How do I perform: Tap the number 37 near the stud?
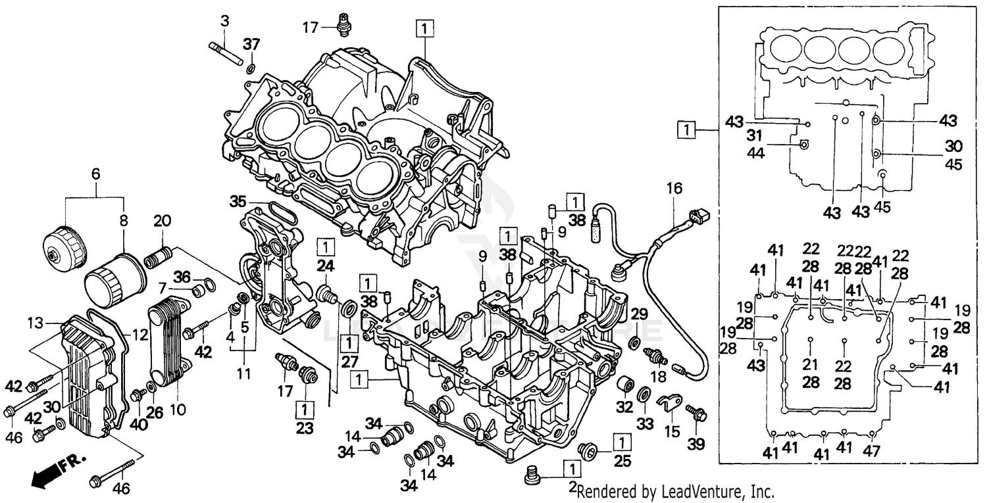pos(252,44)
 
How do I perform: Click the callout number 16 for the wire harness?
pos(671,188)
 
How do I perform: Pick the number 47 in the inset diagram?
pos(873,453)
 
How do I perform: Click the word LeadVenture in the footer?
pos(711,491)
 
